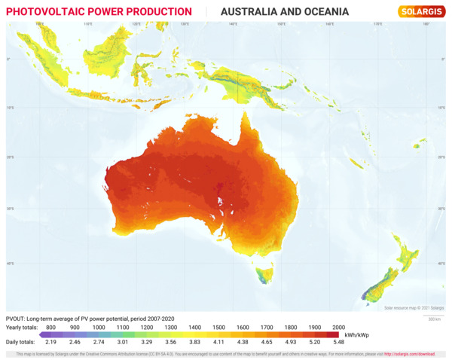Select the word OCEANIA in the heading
pos(322,12)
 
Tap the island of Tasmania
pos(264,276)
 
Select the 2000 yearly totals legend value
pos(338,328)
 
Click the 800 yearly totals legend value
pos(51,328)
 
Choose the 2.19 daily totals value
pos(51,341)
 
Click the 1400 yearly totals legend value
pos(194,328)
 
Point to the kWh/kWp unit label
pos(355,334)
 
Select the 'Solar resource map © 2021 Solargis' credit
pos(414,307)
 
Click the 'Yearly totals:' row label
pos(23,328)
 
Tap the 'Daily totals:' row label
pos(22,341)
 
